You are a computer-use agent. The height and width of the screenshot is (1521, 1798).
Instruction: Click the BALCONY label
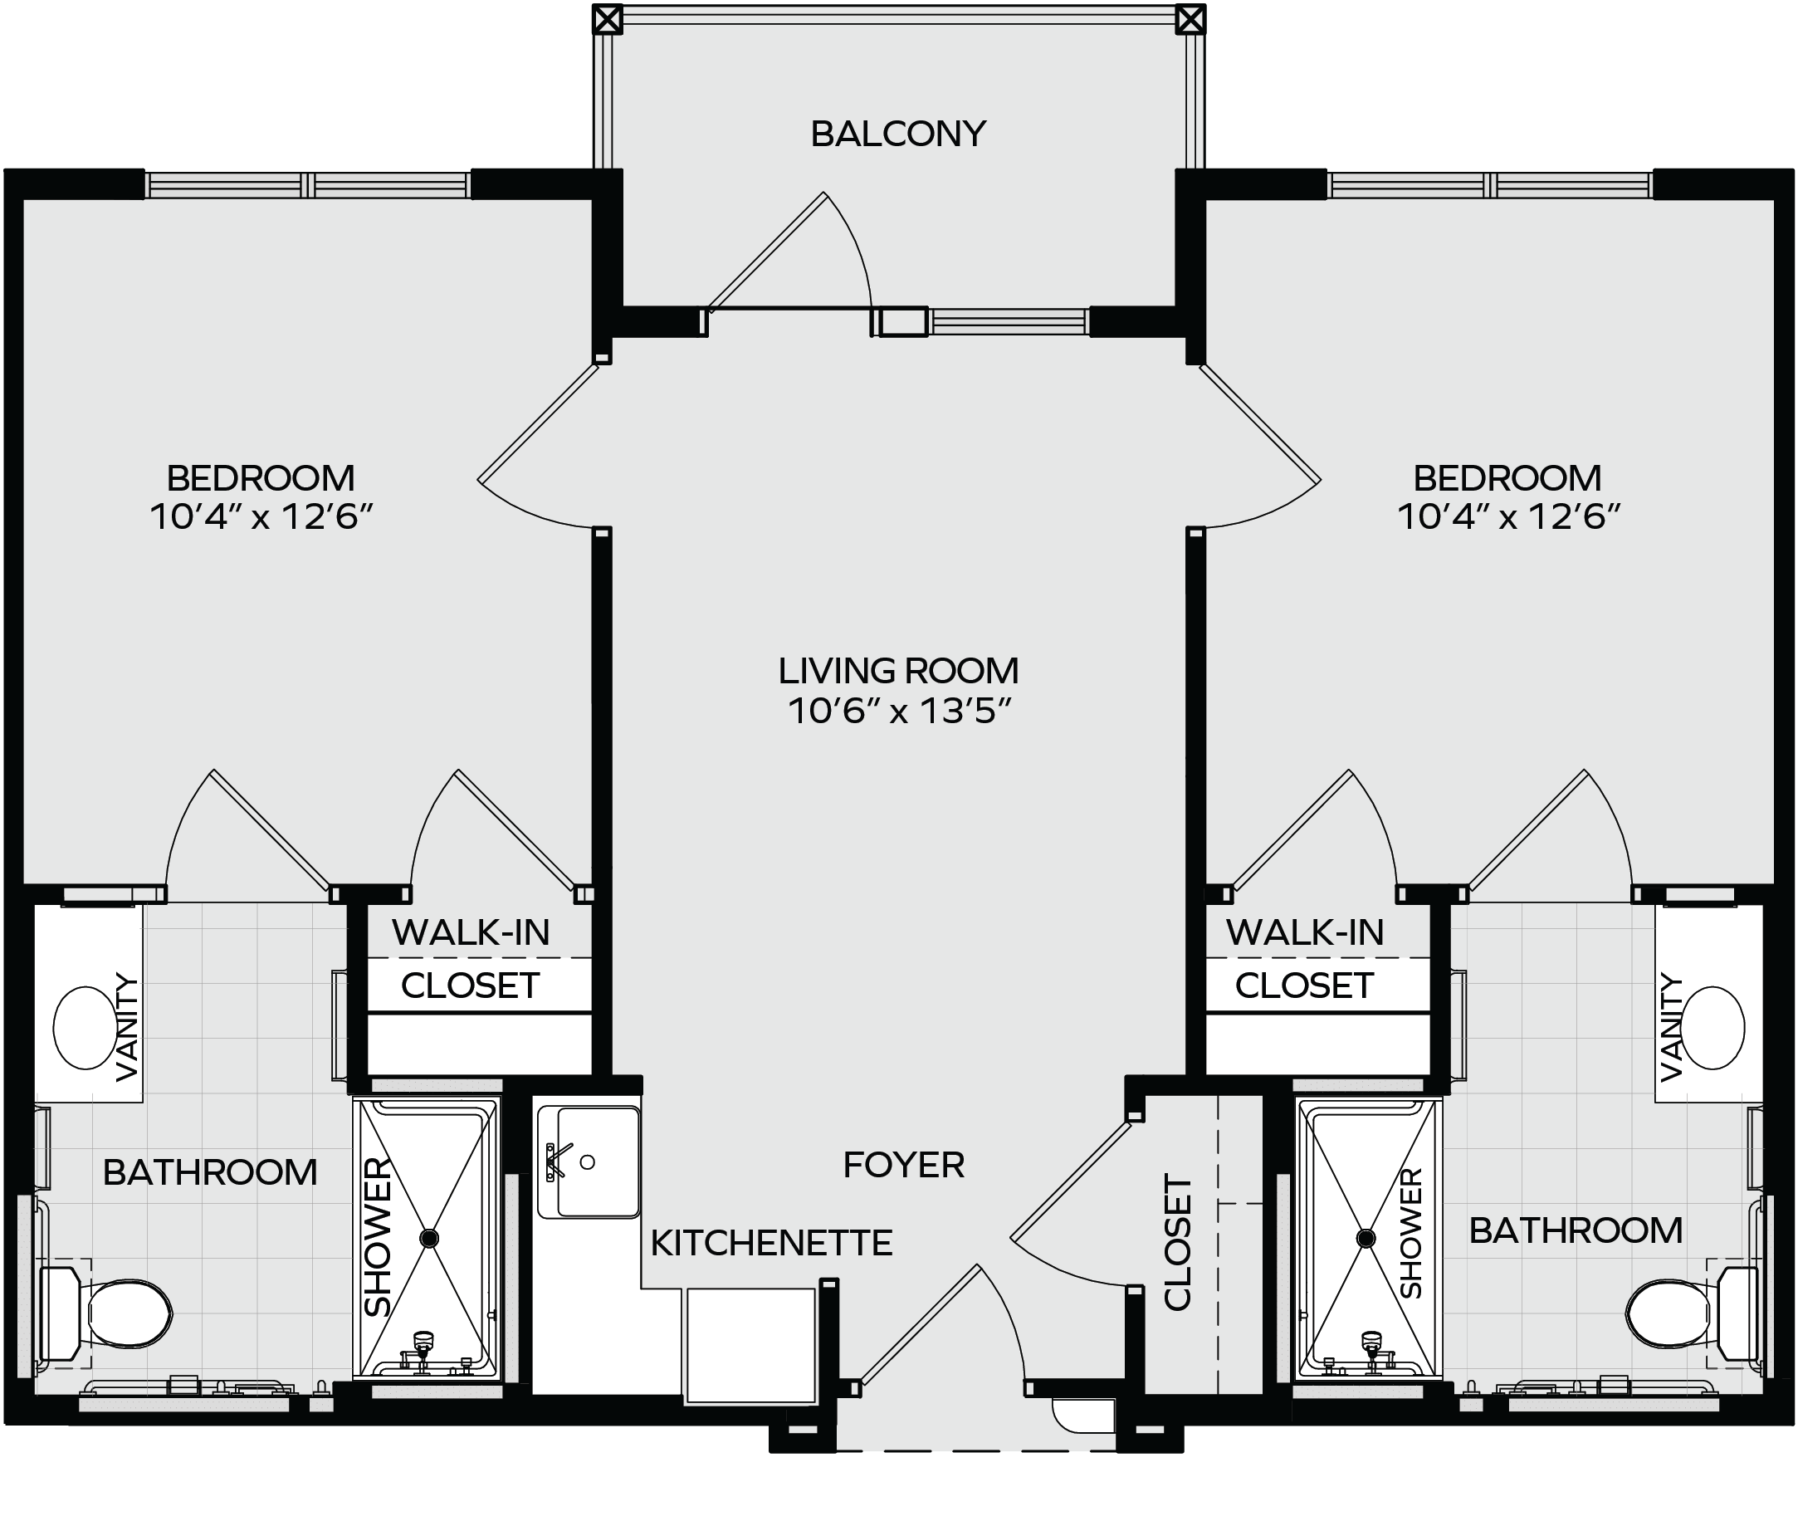coord(898,134)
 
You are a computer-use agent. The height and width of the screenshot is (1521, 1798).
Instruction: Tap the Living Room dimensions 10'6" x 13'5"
coord(898,712)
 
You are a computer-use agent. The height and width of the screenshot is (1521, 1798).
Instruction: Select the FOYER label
coord(903,1165)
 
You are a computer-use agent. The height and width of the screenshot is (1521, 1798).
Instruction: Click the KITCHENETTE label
coord(770,1243)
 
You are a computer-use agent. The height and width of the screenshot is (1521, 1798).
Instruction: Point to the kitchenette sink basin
coord(599,1162)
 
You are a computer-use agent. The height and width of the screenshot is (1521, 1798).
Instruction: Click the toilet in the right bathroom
coord(1691,1314)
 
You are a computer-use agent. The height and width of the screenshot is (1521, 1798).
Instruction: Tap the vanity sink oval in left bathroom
coord(86,1027)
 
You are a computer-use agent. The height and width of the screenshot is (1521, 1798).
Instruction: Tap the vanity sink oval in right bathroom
coord(1712,1027)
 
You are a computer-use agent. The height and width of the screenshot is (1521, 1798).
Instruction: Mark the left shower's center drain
coord(428,1239)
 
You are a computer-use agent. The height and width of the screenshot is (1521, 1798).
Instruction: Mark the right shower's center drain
coord(1366,1239)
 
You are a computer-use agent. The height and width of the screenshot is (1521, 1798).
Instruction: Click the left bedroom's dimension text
coord(261,517)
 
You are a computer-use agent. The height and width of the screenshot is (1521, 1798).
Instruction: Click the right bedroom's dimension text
coord(1507,517)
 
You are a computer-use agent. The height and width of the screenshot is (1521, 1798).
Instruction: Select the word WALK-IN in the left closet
coord(471,932)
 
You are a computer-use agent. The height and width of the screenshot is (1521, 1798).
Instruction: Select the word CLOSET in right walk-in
coord(1304,985)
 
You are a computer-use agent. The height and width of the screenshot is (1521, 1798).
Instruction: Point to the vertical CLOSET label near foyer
coord(1177,1242)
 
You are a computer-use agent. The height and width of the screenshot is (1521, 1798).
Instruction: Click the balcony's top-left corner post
coord(608,19)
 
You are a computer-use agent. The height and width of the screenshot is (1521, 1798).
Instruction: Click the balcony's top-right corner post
coord(1190,19)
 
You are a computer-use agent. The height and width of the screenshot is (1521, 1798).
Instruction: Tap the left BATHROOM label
coord(210,1172)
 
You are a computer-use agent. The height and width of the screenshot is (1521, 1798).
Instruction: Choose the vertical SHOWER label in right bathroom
coord(1410,1233)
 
